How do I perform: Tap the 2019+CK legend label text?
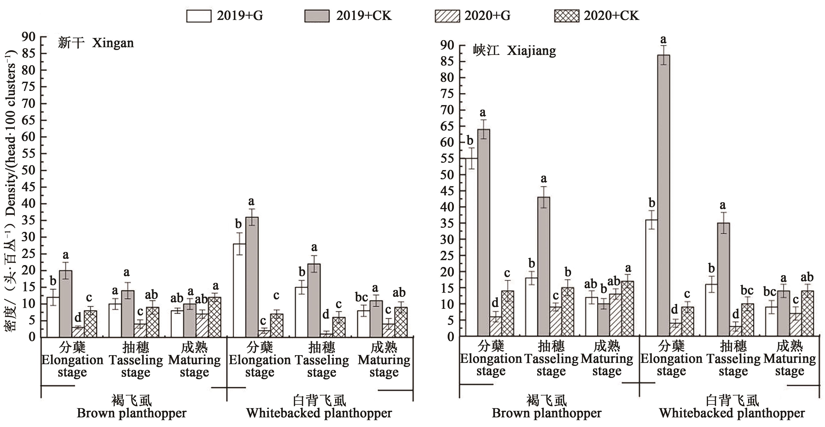[363, 16]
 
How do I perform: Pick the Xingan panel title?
[96, 43]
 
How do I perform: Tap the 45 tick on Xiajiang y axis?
[447, 191]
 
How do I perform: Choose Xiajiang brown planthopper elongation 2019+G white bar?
[471, 247]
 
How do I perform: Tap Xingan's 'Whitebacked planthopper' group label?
[319, 413]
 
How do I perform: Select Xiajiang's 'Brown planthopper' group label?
[546, 413]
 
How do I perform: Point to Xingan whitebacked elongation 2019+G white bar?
[239, 290]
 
